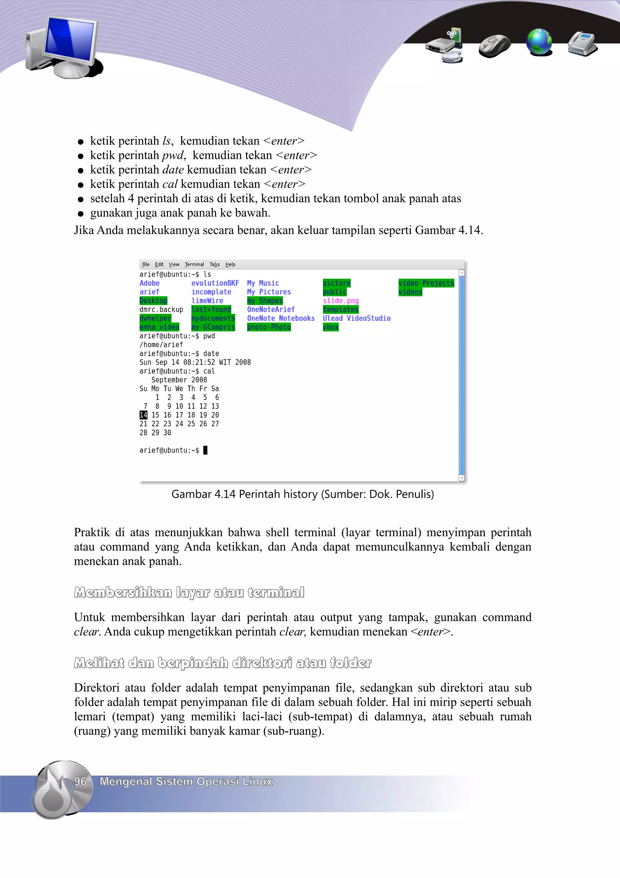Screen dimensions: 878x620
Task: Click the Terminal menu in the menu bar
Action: click(x=194, y=264)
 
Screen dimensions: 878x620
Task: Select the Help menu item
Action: click(x=230, y=264)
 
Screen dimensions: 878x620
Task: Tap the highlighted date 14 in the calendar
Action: click(x=143, y=415)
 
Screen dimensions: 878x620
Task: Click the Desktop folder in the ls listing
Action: click(x=153, y=301)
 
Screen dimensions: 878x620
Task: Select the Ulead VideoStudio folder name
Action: click(x=356, y=318)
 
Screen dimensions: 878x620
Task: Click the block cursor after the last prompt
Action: click(x=205, y=450)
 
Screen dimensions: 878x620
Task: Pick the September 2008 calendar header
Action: click(x=179, y=380)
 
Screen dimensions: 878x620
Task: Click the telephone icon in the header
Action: click(x=582, y=43)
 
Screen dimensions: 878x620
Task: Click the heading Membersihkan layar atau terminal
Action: click(x=189, y=592)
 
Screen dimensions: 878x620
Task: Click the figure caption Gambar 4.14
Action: click(x=302, y=494)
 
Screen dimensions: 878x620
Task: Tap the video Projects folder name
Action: click(x=426, y=283)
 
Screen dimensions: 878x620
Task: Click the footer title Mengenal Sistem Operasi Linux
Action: click(x=186, y=781)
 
